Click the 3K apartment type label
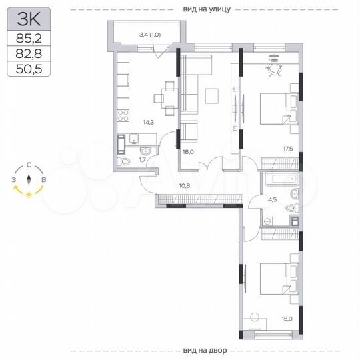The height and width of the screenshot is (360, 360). tap(29, 21)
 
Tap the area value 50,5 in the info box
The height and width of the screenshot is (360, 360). tap(29, 68)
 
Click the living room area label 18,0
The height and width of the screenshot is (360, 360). tap(188, 152)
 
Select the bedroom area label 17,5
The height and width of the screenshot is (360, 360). tap(288, 150)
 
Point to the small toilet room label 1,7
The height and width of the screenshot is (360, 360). tap(143, 160)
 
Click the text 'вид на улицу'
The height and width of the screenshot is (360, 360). tap(206, 9)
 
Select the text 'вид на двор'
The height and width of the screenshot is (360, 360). tap(205, 351)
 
